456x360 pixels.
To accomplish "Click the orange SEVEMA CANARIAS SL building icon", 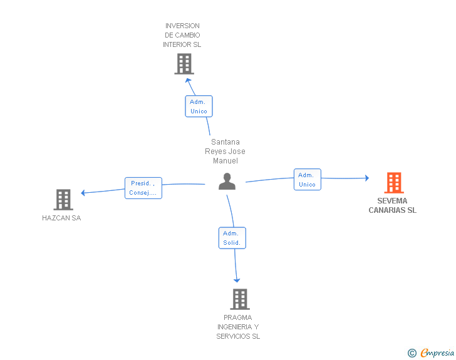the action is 394,183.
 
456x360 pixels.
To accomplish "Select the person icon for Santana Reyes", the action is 227,181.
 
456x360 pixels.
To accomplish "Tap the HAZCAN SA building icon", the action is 63,200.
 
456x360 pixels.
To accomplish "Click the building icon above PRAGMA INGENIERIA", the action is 240,299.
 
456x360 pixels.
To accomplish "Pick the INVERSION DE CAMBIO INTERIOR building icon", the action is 184,64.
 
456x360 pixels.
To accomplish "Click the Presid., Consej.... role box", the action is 143,188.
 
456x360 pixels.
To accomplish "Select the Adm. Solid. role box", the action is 232,238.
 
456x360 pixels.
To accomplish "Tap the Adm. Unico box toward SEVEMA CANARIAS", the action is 308,180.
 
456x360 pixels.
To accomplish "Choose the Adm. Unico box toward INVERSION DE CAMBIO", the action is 199,106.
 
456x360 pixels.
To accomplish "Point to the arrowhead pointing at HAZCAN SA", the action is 83,192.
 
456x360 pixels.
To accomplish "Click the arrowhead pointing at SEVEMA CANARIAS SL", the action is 367,178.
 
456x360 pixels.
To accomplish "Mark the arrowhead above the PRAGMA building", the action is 237,280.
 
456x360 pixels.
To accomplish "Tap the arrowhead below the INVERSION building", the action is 188,80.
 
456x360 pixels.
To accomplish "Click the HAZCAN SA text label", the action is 61,218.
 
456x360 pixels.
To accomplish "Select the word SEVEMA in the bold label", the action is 392,200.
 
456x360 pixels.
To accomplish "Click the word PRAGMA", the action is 237,317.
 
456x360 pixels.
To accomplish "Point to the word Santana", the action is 225,142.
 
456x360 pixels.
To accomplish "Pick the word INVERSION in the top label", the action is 182,26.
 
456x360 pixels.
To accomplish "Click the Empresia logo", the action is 437,352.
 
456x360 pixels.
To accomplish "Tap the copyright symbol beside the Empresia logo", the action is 412,353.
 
